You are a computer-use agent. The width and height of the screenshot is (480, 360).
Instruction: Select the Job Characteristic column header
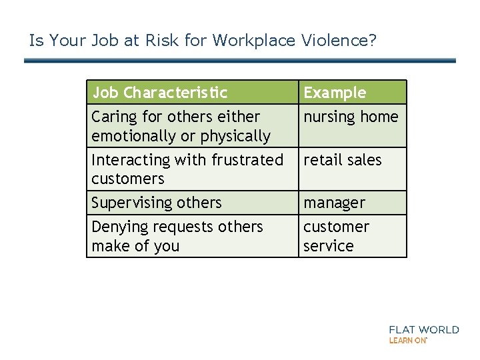[159, 92]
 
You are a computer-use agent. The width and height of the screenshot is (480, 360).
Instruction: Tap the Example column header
[335, 92]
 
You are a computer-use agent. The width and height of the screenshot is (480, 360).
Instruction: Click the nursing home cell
[351, 117]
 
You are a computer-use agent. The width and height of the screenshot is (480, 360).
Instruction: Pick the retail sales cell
[343, 160]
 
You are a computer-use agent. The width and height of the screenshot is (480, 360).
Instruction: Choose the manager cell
[335, 203]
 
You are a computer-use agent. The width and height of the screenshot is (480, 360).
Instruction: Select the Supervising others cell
[156, 203]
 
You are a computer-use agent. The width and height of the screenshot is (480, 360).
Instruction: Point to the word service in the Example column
[328, 246]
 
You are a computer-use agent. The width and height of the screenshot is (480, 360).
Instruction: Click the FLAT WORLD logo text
[424, 329]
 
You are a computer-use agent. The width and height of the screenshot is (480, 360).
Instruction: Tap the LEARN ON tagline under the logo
[408, 340]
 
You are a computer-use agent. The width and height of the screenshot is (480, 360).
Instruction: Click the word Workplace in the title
[253, 41]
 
